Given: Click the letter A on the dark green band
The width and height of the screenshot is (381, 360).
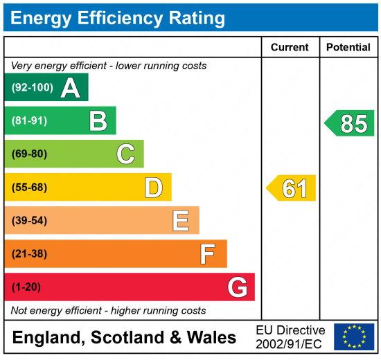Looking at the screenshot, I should click(70, 88).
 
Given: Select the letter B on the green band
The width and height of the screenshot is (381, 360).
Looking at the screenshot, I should click(98, 121).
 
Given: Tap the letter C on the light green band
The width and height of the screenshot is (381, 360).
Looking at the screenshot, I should click(125, 154).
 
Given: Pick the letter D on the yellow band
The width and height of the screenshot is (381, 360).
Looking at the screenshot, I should click(153, 188).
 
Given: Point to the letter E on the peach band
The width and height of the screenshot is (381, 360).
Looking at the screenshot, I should click(181, 221).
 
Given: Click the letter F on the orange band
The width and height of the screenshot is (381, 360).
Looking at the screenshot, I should click(208, 254).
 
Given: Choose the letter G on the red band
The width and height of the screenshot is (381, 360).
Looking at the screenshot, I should click(237, 287).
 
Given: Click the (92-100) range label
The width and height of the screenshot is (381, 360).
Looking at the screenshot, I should click(32, 88).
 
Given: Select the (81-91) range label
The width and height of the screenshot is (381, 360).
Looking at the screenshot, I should click(29, 121).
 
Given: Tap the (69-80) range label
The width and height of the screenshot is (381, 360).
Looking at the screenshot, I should click(29, 154).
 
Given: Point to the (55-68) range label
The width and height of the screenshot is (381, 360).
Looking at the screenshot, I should click(29, 188).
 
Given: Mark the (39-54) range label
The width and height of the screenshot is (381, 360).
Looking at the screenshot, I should click(29, 221).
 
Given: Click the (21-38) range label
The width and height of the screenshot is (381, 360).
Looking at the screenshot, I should click(29, 254).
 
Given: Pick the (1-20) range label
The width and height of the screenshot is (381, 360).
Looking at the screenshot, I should click(26, 287).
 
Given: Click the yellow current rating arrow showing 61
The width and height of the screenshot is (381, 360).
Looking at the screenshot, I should click(292, 188).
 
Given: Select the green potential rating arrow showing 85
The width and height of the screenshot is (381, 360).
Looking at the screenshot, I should click(351, 123).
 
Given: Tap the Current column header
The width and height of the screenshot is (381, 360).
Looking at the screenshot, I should click(290, 48).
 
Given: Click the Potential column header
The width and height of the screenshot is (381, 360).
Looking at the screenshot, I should click(348, 48).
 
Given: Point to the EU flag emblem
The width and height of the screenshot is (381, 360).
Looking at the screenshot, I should click(354, 336).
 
